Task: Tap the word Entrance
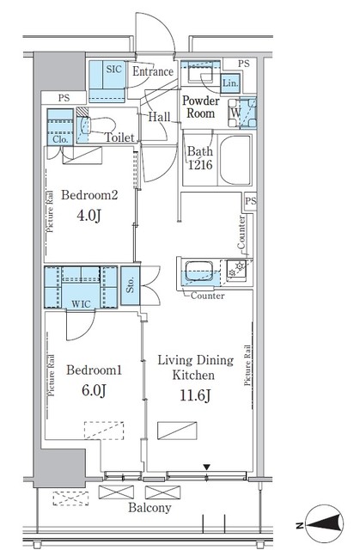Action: click(x=152, y=72)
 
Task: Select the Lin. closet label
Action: click(x=229, y=82)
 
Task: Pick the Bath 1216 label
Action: click(x=200, y=158)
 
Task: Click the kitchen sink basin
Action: click(x=198, y=272)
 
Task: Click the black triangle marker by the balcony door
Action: click(x=207, y=467)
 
